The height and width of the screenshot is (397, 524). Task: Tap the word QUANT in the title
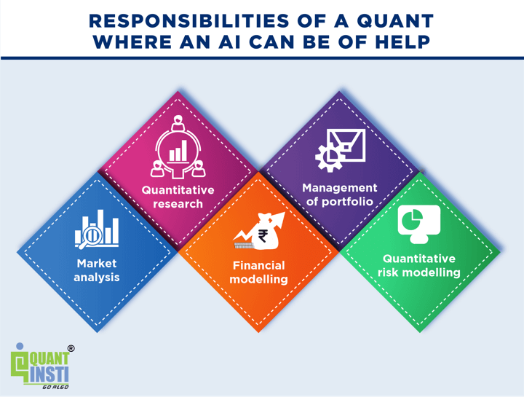(395, 21)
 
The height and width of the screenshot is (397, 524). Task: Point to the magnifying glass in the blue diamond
(90, 237)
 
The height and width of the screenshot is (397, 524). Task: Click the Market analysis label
(97, 270)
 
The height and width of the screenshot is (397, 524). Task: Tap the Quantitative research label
(178, 197)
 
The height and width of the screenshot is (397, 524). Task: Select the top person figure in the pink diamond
(178, 123)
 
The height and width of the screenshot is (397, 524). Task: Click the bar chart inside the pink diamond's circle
(178, 151)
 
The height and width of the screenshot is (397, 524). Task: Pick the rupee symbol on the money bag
(262, 235)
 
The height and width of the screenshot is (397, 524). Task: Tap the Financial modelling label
(258, 272)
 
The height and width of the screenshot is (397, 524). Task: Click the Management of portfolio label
(340, 194)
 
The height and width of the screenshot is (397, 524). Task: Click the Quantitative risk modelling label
(419, 266)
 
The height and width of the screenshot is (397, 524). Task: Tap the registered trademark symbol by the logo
(71, 348)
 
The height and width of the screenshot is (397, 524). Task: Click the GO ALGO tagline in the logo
(55, 387)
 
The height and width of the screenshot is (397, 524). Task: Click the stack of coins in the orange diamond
(245, 245)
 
